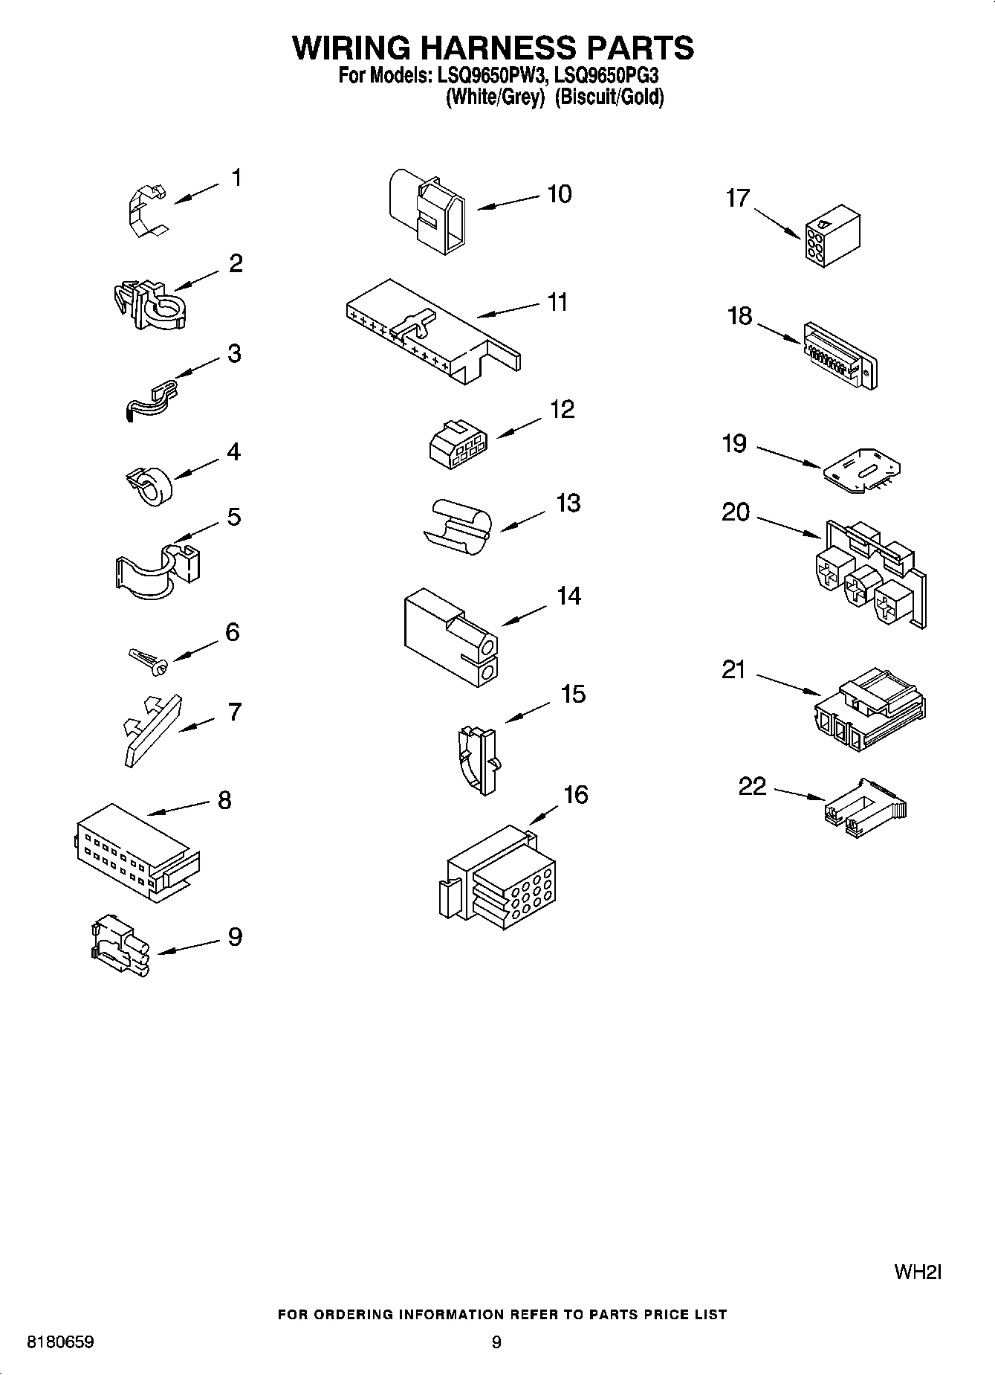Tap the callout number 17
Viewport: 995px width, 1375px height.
tap(738, 199)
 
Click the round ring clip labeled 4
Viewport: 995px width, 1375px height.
tap(149, 484)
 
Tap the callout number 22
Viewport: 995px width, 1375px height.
tap(752, 786)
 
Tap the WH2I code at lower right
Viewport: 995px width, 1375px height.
tap(917, 1272)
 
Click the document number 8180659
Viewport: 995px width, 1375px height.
tap(60, 1342)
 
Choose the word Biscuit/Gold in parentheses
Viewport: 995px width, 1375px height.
tap(609, 97)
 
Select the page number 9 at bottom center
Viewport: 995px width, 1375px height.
tap(496, 1342)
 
